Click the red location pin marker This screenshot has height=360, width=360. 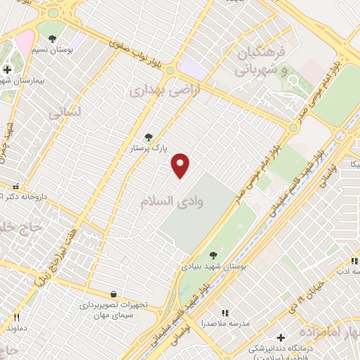point(181,165)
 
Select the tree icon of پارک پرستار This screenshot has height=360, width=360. point(148,137)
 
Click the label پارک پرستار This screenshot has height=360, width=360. point(147,149)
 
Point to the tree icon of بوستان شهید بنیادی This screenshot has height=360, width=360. point(213,255)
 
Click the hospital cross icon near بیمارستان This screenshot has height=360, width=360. point(7,69)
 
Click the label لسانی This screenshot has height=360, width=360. point(66,111)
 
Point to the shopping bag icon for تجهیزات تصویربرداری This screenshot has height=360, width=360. point(113,294)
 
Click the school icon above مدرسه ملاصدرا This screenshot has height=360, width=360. point(225,312)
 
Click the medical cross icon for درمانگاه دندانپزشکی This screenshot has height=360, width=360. point(281,338)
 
